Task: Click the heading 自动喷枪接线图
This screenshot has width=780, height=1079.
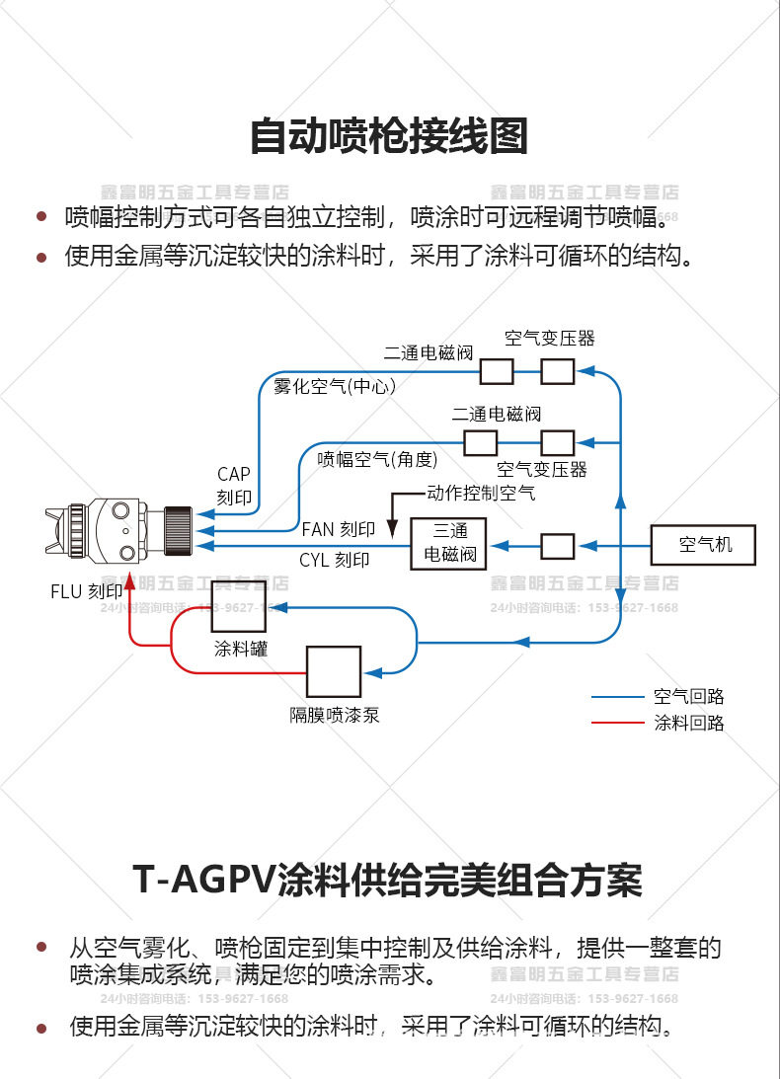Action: [388, 136]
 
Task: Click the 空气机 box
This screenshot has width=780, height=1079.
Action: [705, 544]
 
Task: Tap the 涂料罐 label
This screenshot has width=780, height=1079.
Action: [241, 649]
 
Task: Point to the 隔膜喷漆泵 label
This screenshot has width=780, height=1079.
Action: [334, 716]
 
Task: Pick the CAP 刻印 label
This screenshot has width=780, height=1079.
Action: [234, 487]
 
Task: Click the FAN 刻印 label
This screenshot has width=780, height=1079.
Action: [338, 530]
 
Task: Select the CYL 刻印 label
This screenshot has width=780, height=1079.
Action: [334, 560]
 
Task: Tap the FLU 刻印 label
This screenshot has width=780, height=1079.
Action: [87, 592]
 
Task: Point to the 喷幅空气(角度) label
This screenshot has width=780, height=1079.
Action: [376, 459]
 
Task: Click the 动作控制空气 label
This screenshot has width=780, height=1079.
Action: [481, 492]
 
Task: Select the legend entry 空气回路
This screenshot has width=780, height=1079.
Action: [688, 697]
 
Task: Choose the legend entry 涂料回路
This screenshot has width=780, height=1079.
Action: [688, 723]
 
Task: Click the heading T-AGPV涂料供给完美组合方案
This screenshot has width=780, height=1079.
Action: [388, 880]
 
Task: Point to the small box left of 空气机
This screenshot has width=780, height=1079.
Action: [558, 545]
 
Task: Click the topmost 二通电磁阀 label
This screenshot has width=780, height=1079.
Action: [429, 352]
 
